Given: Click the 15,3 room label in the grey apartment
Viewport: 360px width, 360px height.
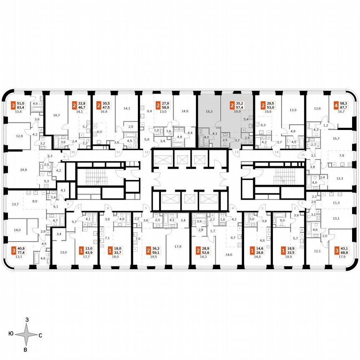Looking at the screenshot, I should click(210, 111).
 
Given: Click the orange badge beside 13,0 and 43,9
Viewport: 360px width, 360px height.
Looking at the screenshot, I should click(80, 250).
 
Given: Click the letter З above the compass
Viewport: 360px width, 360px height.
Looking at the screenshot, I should click(27, 320).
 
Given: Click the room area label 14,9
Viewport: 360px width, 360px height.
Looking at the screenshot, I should click(185, 111).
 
